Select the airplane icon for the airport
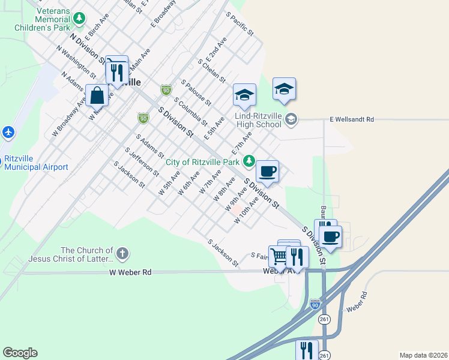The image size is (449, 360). click(8, 132)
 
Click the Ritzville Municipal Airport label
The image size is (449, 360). click(36, 163)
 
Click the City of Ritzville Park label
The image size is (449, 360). click(203, 161)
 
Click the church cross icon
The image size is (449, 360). click(122, 253)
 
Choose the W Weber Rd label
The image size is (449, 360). click(130, 272)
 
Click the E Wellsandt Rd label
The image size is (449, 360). click(352, 119)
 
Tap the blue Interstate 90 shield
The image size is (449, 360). click(315, 305)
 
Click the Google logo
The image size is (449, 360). click(20, 353)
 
